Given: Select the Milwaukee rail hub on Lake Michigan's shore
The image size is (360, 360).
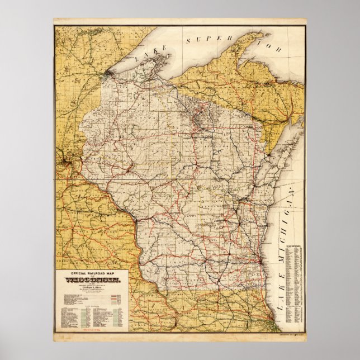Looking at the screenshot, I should tap(262, 260).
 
